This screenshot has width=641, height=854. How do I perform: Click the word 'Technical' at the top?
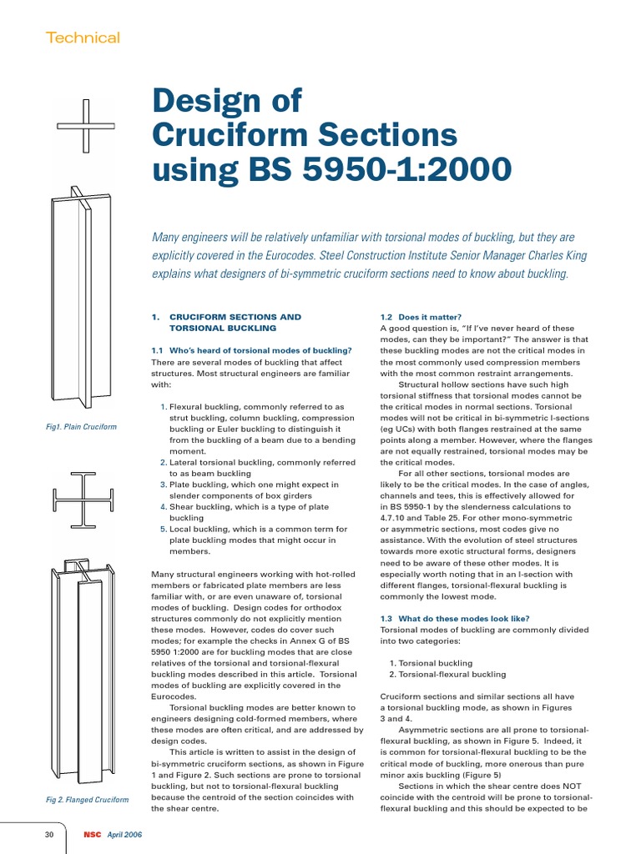[83, 38]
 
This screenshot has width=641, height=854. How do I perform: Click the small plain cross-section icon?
[85, 126]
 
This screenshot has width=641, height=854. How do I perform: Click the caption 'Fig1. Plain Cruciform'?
[82, 427]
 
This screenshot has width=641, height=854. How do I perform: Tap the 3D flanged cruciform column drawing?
[83, 667]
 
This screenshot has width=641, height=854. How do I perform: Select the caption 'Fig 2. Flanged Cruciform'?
[87, 800]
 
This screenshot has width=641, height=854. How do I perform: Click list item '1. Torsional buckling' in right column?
[431, 663]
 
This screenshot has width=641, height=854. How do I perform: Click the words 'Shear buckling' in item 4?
[202, 506]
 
